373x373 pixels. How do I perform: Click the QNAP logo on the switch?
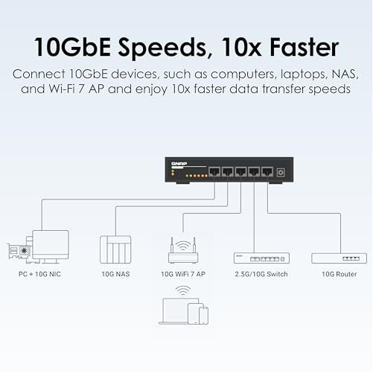coord(179,164)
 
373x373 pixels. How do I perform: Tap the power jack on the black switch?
coord(281,172)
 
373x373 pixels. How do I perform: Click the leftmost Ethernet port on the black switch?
coord(214,171)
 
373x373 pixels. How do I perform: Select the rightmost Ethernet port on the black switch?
coord(267,171)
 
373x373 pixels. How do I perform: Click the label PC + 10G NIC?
coord(39,274)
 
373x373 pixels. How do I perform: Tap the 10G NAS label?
coord(115,274)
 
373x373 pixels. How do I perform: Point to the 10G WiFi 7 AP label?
coord(183,274)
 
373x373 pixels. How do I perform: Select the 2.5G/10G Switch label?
coord(261,274)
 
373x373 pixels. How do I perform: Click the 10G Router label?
coord(339,274)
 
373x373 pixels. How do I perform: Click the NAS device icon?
coord(115,249)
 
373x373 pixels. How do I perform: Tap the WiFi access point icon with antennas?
coord(183,250)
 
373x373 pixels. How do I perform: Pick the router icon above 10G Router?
coord(339,258)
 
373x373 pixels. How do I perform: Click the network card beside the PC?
coord(19,251)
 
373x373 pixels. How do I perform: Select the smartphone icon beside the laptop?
coord(203,316)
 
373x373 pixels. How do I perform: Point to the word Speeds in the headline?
coord(162,48)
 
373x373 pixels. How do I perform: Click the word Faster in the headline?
coord(304,47)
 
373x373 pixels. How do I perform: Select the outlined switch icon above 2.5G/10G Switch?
coord(261,258)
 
